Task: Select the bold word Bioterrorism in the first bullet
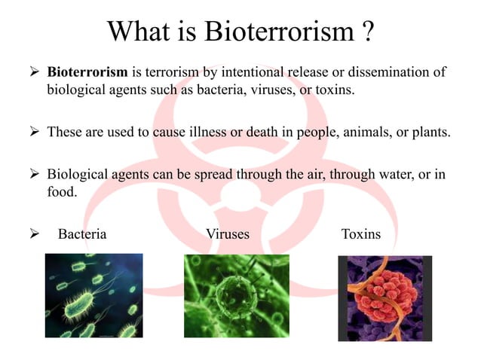tap(88, 73)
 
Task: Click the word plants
tap(430, 133)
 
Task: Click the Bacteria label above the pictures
tap(82, 234)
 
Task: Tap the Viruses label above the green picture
tap(227, 234)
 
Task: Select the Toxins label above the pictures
tap(361, 234)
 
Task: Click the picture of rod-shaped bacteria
tap(93, 295)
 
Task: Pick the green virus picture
tap(237, 295)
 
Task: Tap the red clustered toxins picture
tap(384, 298)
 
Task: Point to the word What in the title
tap(139, 32)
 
